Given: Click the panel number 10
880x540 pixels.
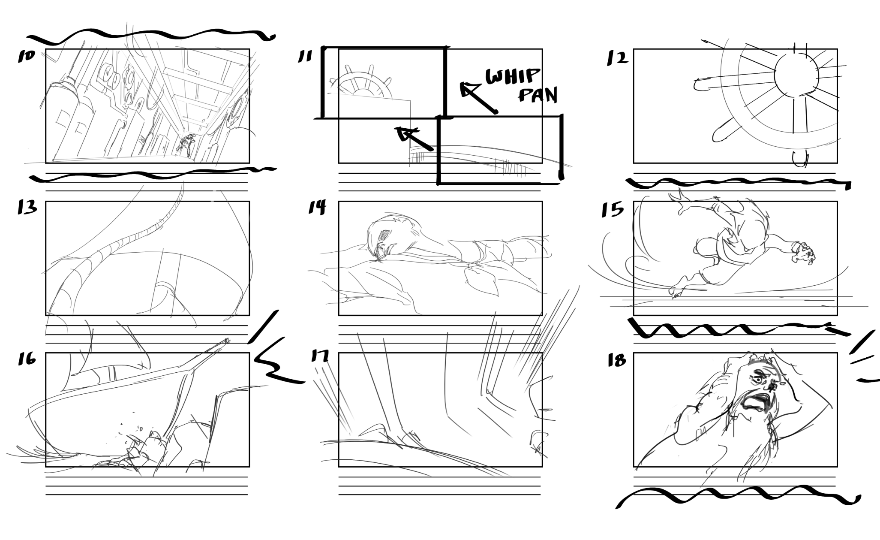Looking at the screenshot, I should (x=26, y=56).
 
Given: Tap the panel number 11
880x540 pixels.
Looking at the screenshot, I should (x=305, y=56).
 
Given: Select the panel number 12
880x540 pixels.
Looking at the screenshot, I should (x=617, y=58).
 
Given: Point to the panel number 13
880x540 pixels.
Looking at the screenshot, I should (x=27, y=207).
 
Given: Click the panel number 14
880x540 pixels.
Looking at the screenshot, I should (x=317, y=207).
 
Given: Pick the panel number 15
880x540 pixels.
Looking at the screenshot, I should (x=612, y=210).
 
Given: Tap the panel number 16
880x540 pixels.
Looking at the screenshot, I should (x=27, y=359).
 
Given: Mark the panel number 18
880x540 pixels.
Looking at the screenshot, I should (x=617, y=360).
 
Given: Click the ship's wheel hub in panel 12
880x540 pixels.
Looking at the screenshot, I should (x=796, y=75).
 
